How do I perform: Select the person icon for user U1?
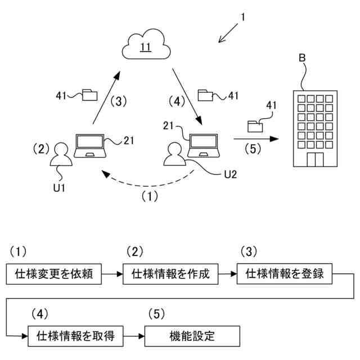[x=61, y=155]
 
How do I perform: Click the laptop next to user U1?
[x=89, y=146]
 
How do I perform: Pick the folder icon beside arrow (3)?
[x=89, y=94]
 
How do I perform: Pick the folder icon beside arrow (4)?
[x=206, y=94]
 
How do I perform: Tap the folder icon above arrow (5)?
[x=257, y=125]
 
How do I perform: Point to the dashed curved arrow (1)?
[x=146, y=183]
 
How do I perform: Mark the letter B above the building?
[x=303, y=58]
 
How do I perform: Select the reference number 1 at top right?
[x=242, y=17]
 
